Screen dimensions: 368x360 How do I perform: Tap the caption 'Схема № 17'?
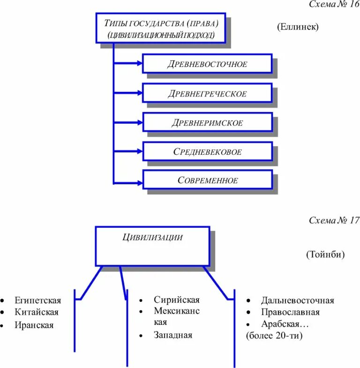tap(334, 220)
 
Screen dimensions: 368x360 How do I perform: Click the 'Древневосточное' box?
tap(207, 64)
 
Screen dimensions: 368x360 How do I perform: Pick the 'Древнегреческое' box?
tap(207, 93)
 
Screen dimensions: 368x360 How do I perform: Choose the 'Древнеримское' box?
tap(207, 122)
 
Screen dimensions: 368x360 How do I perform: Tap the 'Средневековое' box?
tap(207, 151)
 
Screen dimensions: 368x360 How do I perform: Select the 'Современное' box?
tap(207, 180)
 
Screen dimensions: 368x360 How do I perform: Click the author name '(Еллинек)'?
tap(297, 27)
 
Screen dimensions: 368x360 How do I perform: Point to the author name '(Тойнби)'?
tap(325, 255)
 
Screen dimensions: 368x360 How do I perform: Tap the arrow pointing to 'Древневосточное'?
tap(129, 63)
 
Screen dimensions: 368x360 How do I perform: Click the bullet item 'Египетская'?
tap(37, 300)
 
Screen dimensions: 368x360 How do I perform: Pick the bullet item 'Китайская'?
tap(36, 312)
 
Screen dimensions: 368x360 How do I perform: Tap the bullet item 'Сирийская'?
tap(176, 300)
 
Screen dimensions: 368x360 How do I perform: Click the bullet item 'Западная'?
tap(172, 335)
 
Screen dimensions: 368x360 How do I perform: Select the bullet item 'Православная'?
tap(290, 312)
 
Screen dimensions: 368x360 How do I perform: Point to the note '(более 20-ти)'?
tap(274, 336)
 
